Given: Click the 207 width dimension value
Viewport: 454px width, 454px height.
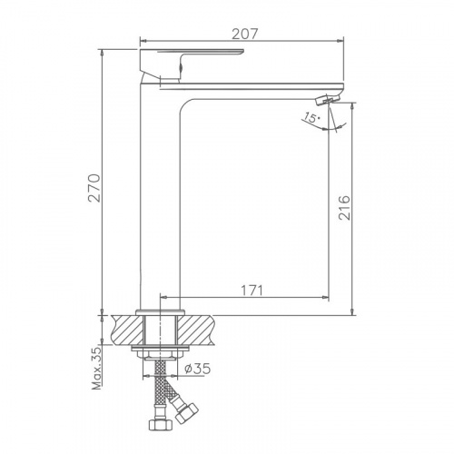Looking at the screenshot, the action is [x=244, y=34].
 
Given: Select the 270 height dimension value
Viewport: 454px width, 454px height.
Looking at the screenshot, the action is [x=94, y=188].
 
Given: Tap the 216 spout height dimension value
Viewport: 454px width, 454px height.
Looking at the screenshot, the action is [x=344, y=208].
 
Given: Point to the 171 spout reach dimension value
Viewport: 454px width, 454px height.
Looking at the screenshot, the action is [x=252, y=291].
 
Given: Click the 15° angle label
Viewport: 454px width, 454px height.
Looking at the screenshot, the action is [x=311, y=117].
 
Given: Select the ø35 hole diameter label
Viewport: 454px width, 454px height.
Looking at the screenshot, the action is [x=197, y=369].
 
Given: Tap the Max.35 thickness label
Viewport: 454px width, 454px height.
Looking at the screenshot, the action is [x=97, y=368].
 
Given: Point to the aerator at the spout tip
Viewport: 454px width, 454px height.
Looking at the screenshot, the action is [x=328, y=99].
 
